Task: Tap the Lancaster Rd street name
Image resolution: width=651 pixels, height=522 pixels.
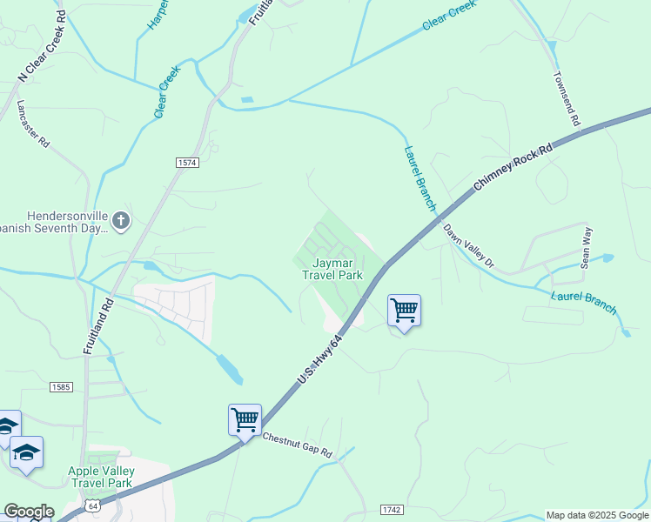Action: [33, 123]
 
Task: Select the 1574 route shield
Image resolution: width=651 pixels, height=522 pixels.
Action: [187, 163]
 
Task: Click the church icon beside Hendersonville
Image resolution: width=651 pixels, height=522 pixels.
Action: [121, 221]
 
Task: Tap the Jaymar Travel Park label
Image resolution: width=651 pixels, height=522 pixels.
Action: [331, 267]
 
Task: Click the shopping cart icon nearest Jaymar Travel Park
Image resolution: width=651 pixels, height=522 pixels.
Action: [404, 310]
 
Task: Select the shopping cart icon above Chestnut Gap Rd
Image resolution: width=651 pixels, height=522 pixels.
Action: [245, 419]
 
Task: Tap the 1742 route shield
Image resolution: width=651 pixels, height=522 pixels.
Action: [393, 508]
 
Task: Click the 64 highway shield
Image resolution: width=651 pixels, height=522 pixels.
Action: [93, 505]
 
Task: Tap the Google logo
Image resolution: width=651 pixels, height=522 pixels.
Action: [29, 512]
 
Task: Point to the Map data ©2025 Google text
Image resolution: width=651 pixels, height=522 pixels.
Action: [596, 515]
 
